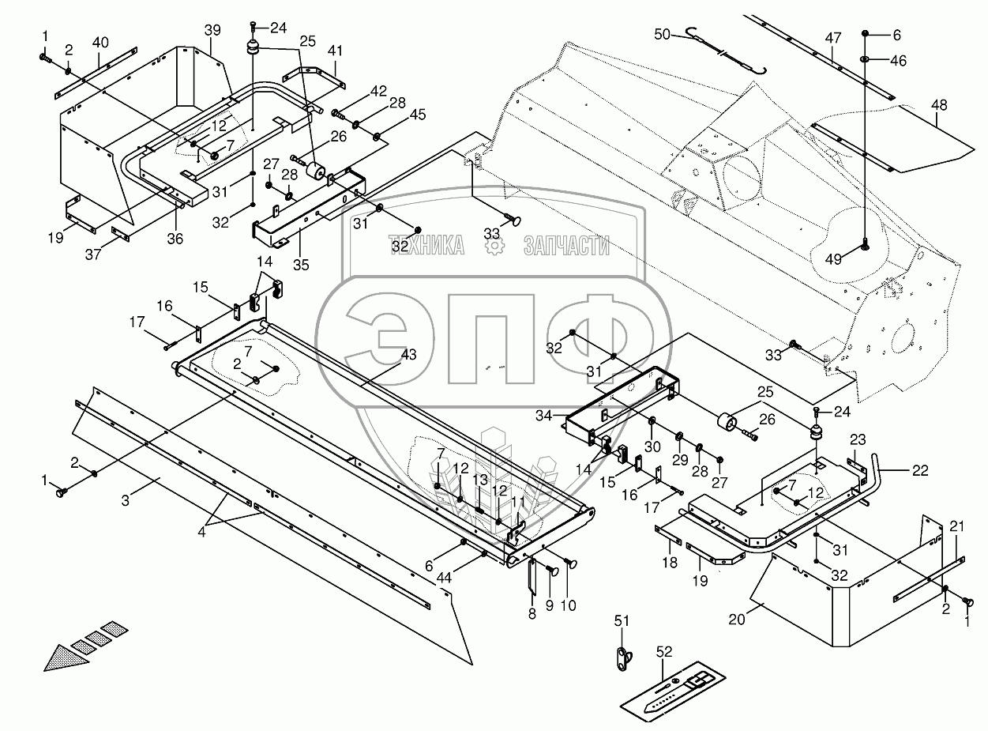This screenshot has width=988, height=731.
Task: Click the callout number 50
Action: (661, 34)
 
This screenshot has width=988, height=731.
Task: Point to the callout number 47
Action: (833, 37)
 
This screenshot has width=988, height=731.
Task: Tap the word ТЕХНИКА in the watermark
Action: (426, 246)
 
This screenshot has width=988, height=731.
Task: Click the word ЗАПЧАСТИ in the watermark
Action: (566, 246)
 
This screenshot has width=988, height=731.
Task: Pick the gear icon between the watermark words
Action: (495, 246)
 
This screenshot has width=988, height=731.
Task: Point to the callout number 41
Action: (336, 51)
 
